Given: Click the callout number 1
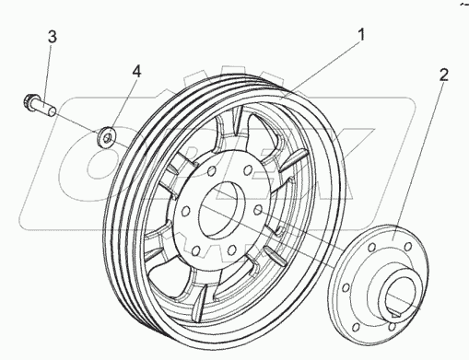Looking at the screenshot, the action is pos(362,35).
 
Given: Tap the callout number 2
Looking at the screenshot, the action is pos(443,75).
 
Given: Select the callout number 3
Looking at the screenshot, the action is pos(53,37).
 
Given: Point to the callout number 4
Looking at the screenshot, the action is pos(136,72).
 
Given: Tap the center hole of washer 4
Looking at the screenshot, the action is pos(107,139).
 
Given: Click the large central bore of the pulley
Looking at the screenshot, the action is pos(218,211).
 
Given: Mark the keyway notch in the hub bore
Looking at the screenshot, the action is pos(394,315).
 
